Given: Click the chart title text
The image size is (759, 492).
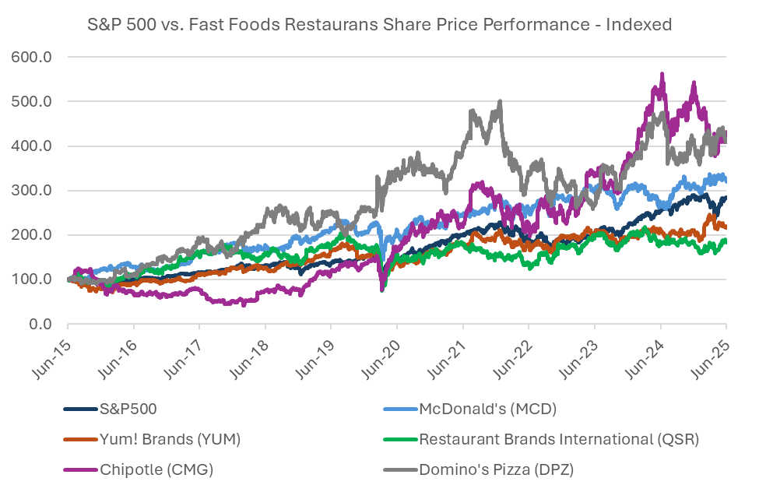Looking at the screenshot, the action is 380,24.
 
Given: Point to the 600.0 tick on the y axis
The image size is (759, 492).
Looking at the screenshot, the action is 31,57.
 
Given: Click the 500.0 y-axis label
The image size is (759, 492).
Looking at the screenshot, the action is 31,102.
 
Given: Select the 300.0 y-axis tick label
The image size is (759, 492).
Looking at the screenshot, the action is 31,190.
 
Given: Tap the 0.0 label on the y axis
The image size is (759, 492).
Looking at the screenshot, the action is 40,324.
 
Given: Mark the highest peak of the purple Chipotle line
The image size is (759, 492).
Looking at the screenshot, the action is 662,74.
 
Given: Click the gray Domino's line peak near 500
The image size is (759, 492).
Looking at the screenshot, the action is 500,102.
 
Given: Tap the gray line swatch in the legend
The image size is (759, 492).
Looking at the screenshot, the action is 400,469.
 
